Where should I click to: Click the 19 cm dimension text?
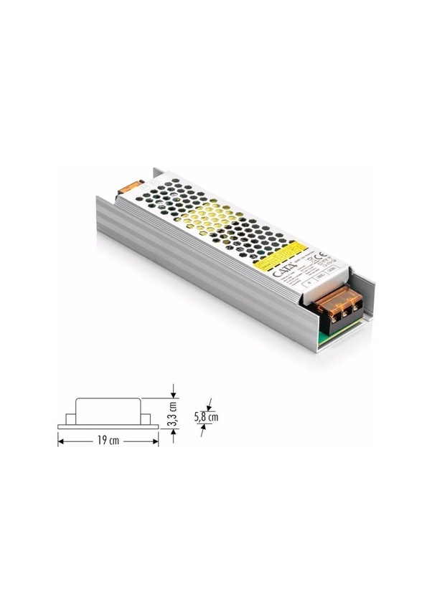click(109, 441)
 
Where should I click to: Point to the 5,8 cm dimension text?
click(207, 416)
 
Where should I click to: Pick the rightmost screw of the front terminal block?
click(354, 306)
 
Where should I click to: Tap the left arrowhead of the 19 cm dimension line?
click(60, 441)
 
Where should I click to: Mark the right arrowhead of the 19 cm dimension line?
click(156, 441)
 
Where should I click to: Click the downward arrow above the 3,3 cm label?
click(173, 394)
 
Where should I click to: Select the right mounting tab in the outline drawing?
click(146, 419)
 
